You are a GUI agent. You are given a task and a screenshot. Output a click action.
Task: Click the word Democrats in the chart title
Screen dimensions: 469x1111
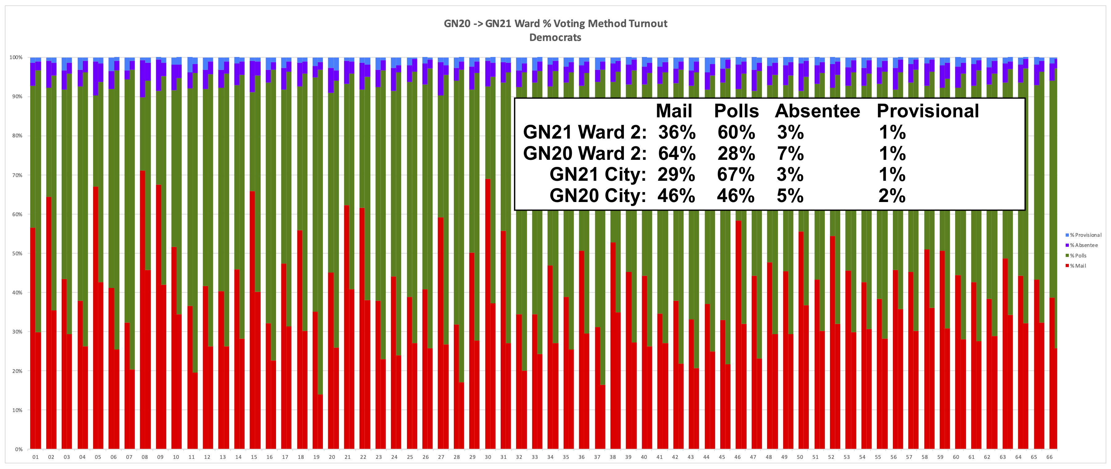point(555,38)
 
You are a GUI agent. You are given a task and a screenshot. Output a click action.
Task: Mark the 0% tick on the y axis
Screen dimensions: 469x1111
point(18,449)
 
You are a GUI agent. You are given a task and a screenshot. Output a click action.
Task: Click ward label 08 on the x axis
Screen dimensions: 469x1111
point(144,457)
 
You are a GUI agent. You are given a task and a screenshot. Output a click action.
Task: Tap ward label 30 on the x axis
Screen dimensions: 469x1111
point(488,457)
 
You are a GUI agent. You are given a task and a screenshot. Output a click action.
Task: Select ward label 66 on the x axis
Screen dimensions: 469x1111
point(1049,457)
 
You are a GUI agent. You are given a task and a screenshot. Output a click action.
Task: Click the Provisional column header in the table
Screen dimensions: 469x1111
point(928,111)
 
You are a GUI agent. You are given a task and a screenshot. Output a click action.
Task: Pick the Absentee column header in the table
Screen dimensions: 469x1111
point(817,111)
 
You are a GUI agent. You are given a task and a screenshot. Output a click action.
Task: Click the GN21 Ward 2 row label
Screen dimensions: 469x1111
point(584,132)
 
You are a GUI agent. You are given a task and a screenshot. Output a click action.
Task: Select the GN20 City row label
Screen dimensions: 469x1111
point(597,196)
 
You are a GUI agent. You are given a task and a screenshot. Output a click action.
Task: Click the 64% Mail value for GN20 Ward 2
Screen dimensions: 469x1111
point(676,153)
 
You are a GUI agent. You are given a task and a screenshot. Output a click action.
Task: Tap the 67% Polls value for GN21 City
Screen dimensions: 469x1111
point(736,175)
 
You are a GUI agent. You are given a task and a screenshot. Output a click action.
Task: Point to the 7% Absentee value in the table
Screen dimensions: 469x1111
point(790,153)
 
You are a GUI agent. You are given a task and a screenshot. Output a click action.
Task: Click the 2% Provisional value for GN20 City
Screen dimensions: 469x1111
point(892,196)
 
